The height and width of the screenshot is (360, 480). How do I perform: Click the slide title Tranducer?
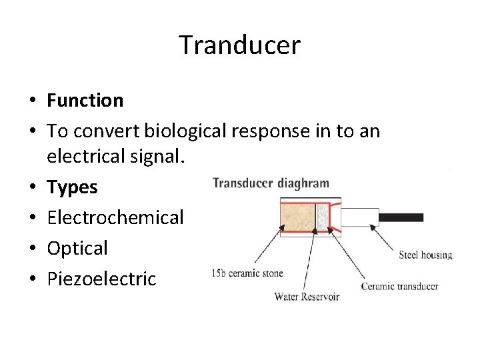point(239,45)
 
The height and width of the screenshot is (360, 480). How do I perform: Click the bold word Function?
point(85,101)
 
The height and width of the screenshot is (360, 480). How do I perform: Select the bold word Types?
point(72,187)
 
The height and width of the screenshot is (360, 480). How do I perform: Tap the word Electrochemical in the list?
point(115,217)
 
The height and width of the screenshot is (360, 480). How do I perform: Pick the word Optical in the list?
point(77,248)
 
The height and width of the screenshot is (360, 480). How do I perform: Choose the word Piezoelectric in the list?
point(101,278)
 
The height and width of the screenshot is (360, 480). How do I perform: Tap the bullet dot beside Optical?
point(32,249)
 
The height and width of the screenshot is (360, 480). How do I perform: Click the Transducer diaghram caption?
point(270,183)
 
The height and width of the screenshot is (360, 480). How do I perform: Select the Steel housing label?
point(425,255)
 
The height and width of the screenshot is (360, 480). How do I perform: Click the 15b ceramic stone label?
point(247,273)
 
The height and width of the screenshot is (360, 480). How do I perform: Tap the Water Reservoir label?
point(307,297)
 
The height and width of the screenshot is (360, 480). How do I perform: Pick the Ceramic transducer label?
point(399,287)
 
